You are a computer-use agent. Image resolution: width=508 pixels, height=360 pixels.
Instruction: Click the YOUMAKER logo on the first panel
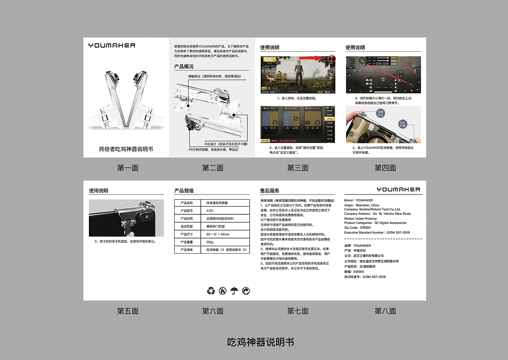tap(112, 45)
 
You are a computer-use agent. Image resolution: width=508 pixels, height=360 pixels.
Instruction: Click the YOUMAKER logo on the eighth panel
tap(398, 189)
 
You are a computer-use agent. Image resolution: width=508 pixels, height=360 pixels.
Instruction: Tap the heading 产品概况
tap(184, 66)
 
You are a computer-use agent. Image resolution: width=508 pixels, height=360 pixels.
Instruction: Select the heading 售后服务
tap(269, 191)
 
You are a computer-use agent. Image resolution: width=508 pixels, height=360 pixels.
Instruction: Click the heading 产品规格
tap(184, 191)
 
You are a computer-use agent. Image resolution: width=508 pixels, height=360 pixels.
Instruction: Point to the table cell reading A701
tap(210, 211)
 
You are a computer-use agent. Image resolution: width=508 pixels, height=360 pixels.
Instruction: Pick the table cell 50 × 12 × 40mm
tap(218, 234)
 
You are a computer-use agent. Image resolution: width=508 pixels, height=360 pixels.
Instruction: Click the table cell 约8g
tap(210, 242)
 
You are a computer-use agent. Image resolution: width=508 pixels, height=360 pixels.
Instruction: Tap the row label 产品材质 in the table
tap(187, 219)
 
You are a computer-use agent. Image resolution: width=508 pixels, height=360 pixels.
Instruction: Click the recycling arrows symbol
tap(211, 291)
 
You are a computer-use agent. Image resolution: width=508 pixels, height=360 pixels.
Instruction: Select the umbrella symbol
tap(235, 291)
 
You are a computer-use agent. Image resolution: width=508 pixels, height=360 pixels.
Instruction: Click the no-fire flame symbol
tap(223, 291)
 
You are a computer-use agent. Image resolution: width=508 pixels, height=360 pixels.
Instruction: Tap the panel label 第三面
tap(298, 168)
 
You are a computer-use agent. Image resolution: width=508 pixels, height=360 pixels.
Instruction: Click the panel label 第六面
tap(213, 311)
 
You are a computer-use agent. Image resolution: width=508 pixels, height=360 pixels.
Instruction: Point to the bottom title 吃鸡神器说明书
tap(260, 342)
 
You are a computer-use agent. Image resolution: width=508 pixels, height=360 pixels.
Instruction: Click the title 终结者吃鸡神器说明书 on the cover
tap(126, 149)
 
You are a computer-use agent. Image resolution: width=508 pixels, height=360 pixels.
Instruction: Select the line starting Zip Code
tap(357, 228)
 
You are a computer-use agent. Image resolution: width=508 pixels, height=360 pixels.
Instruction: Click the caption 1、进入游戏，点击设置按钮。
tap(297, 98)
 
